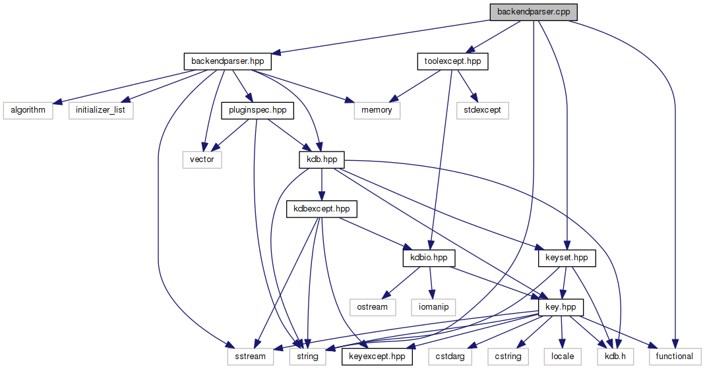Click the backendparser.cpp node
pyautogui.click(x=533, y=12)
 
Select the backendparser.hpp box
pyautogui.click(x=227, y=61)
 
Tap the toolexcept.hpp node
pyautogui.click(x=452, y=62)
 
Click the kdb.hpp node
pyautogui.click(x=321, y=160)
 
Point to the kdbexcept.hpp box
pyautogui.click(x=321, y=209)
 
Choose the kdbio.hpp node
pyautogui.click(x=429, y=258)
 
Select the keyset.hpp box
pyautogui.click(x=567, y=258)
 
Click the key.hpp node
pyautogui.click(x=561, y=307)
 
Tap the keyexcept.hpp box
pyautogui.click(x=377, y=356)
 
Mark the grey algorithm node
pyautogui.click(x=28, y=110)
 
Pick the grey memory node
pyautogui.click(x=377, y=110)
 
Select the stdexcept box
pyautogui.click(x=482, y=110)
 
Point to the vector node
pyautogui.click(x=202, y=159)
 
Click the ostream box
pyautogui.click(x=372, y=307)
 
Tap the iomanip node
pyautogui.click(x=432, y=307)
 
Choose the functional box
pyautogui.click(x=674, y=356)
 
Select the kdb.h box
pyautogui.click(x=611, y=356)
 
